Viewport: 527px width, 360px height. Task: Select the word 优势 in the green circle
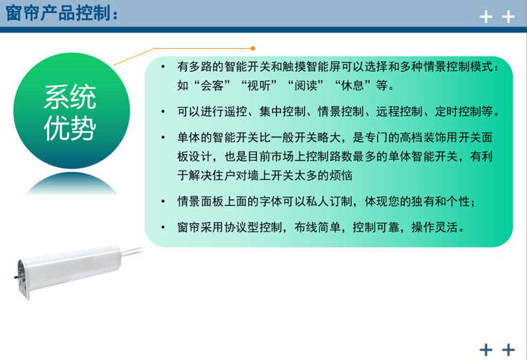70,129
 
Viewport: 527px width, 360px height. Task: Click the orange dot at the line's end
252,48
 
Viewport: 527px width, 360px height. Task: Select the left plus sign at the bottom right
485,349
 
